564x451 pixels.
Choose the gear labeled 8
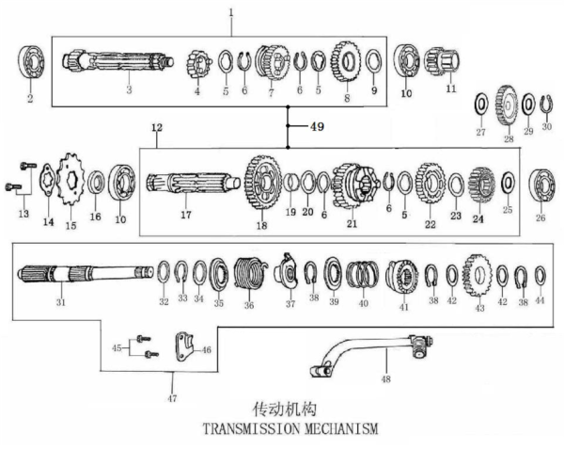click(x=346, y=62)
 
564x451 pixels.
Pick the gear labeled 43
click(x=478, y=274)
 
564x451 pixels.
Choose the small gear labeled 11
click(x=440, y=64)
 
